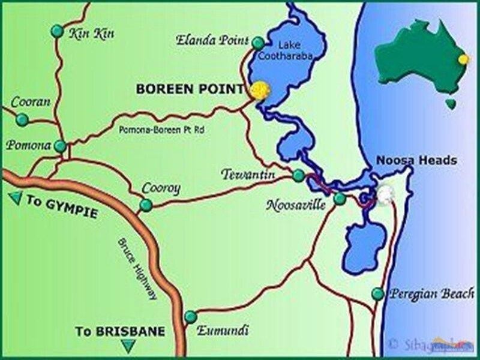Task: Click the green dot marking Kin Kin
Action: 57,30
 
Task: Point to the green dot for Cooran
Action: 22,120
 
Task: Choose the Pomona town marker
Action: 61,146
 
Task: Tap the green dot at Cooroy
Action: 145,206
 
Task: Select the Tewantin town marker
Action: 298,175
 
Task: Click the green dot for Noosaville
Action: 340,198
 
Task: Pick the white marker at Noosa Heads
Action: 384,194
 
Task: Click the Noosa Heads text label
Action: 416,160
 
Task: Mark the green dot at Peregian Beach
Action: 377,293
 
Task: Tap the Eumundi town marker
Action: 191,316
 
